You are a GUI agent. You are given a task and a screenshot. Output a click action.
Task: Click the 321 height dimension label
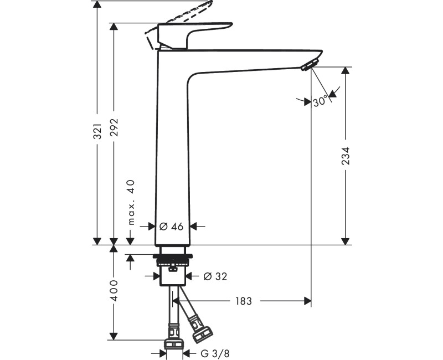(97, 131)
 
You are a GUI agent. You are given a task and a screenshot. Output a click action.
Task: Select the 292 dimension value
(114, 131)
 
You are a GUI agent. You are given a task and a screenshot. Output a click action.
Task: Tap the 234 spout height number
(346, 157)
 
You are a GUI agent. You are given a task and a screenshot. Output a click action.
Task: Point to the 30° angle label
(320, 102)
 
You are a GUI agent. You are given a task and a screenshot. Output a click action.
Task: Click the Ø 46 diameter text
(171, 226)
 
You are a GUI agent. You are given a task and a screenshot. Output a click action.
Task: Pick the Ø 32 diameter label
(215, 276)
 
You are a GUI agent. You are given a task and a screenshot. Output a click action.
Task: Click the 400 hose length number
(114, 291)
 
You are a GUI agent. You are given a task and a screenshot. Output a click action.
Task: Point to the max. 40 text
(131, 203)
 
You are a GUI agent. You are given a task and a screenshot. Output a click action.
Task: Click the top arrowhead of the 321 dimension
(97, 5)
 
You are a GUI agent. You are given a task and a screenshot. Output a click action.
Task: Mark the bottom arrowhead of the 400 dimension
(114, 336)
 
